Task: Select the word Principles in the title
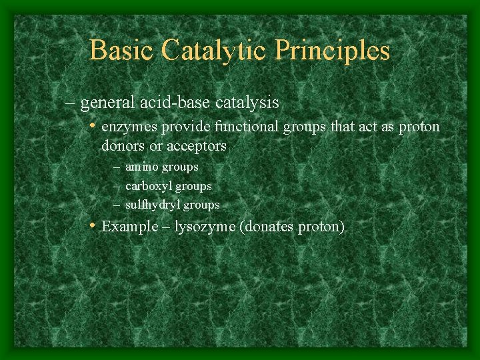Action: [x=339, y=51]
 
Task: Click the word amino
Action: [x=142, y=167]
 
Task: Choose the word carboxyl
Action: [x=149, y=187]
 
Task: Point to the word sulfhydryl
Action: [x=153, y=205]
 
